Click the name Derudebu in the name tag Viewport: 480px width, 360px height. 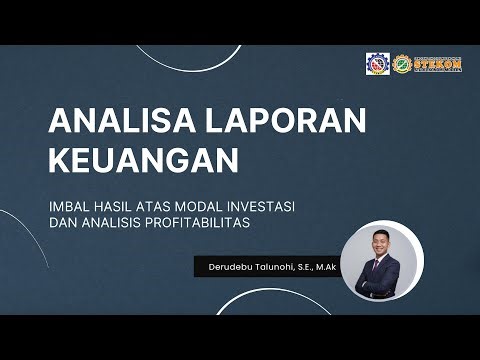pyautogui.click(x=228, y=266)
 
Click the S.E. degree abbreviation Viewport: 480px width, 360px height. pyautogui.click(x=304, y=266)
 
